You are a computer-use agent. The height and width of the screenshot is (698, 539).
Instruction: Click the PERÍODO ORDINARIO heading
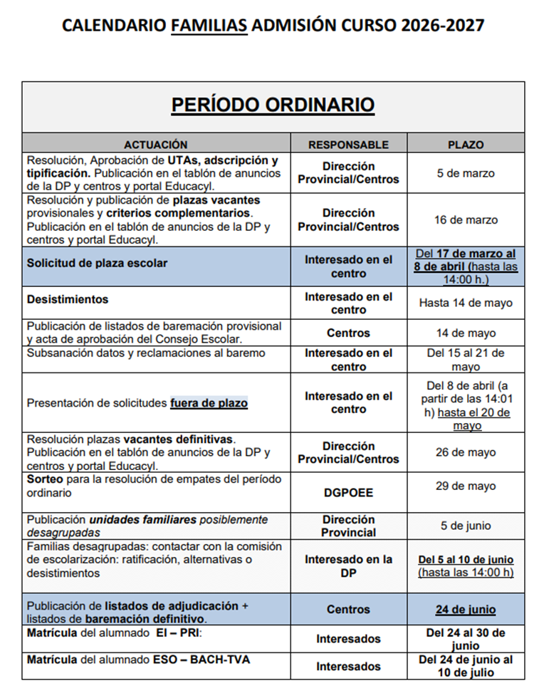point(273,105)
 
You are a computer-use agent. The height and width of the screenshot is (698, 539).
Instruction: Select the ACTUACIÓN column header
point(156,145)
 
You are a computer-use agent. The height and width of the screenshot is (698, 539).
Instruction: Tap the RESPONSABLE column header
point(348,145)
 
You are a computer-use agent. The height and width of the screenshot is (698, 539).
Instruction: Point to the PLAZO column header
point(466,145)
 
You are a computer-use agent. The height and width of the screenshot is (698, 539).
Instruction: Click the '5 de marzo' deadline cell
point(466,173)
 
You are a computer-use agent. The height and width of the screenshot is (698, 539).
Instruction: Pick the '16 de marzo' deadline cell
point(466,220)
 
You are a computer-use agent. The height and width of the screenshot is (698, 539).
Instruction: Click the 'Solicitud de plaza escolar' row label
point(98,263)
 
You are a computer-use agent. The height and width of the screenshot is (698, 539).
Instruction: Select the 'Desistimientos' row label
point(68,299)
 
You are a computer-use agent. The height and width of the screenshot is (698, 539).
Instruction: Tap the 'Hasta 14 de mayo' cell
point(466,303)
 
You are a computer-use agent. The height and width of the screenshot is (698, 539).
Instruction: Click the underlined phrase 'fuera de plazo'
point(209,403)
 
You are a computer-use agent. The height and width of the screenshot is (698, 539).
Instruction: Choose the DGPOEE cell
point(348,492)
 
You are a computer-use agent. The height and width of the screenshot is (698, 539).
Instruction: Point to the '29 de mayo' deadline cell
point(466,486)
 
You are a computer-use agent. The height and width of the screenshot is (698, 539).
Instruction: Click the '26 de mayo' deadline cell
point(466,452)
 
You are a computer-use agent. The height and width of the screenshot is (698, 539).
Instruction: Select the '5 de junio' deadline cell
point(466,526)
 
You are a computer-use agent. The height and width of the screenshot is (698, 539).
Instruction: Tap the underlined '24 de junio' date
point(466,610)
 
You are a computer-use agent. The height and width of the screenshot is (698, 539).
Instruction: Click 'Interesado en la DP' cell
point(348,566)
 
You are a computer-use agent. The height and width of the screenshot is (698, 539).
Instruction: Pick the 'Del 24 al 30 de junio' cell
point(466,639)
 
